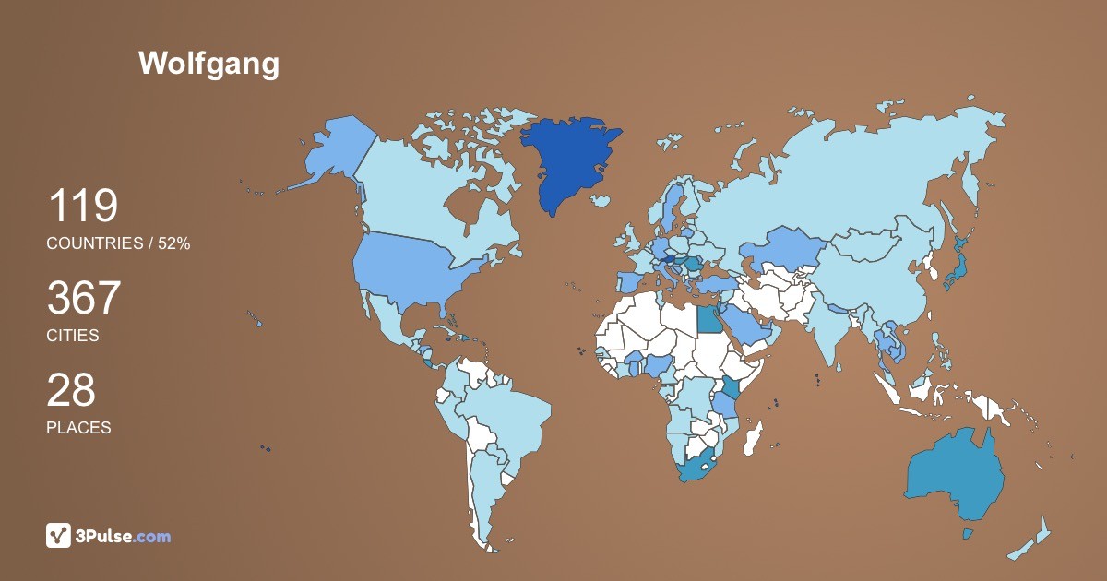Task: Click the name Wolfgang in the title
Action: point(208,64)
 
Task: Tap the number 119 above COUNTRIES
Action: point(82,206)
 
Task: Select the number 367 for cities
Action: point(84,298)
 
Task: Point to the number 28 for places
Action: point(71,390)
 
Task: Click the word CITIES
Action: point(73,336)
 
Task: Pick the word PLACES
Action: point(78,428)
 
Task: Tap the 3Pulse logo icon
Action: point(58,535)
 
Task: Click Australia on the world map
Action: point(955,475)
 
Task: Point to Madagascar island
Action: point(754,438)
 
